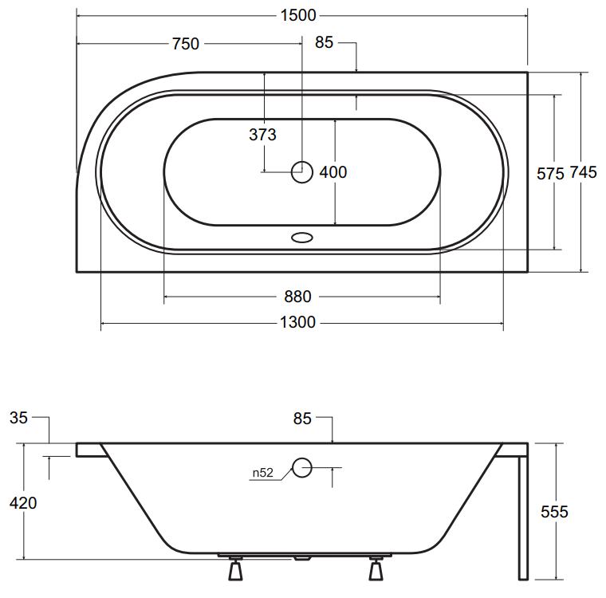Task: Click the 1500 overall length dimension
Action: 298,15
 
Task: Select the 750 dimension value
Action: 186,44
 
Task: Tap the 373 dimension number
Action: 262,135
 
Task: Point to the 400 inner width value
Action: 333,172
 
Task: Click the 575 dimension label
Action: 550,174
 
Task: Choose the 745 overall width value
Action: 584,172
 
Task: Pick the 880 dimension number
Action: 297,297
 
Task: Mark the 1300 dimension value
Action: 297,322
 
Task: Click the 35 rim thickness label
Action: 18,418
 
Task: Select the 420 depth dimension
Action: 23,503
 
